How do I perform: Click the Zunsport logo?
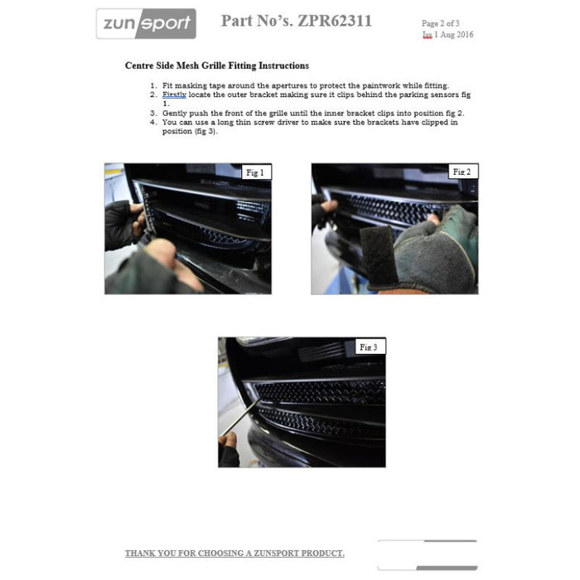coord(146,24)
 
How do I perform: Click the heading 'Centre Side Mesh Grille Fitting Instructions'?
coord(217,65)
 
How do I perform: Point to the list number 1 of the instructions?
coord(153,85)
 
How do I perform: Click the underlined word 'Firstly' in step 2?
coord(174,94)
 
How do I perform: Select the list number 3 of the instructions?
coord(153,113)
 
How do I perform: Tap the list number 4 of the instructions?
coord(153,122)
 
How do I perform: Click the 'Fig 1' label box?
coord(256,172)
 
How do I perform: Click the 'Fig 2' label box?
coord(462,172)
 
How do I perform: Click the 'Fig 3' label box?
coord(370,346)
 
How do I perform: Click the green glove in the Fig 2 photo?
coord(435,253)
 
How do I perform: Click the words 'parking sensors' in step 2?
coord(419,94)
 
